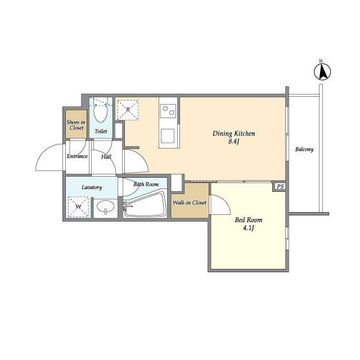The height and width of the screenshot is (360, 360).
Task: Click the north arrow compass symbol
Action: point(322,71)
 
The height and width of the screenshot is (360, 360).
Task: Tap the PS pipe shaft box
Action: point(280,186)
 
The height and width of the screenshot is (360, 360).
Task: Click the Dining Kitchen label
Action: point(234,133)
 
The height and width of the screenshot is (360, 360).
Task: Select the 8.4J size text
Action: point(234,141)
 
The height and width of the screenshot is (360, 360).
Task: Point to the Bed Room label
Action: point(249,220)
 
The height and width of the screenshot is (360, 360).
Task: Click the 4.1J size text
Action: point(249,228)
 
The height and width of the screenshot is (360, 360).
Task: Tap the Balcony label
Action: point(304,150)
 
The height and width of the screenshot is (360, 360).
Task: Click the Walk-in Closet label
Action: point(190,202)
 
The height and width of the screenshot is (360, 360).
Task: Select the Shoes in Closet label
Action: point(76,125)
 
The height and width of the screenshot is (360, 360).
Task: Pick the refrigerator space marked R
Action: point(128,110)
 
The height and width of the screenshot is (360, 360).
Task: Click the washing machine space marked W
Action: point(79,207)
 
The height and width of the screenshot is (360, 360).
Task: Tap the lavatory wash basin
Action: point(105,206)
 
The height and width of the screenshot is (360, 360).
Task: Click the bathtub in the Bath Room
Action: point(145,205)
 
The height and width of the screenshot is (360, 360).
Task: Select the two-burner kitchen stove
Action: point(168,111)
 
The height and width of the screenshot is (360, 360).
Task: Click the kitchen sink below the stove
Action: point(168,136)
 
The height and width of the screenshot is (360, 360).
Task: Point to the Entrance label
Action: point(77,156)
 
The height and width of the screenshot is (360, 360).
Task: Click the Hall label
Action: point(106,157)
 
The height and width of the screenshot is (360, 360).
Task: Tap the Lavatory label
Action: point(92,187)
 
